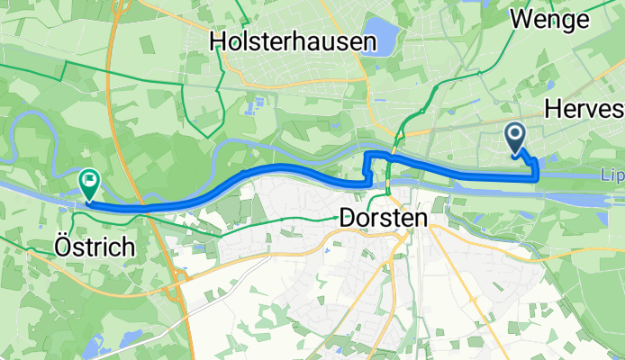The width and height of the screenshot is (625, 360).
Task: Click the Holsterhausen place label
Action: tap(279, 40)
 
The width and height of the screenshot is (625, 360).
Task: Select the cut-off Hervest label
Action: tap(584, 109)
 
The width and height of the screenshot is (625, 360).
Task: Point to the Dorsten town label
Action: tap(382, 217)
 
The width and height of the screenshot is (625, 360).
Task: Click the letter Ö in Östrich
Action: tap(60, 247)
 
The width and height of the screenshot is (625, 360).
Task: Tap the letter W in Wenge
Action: tap(521, 18)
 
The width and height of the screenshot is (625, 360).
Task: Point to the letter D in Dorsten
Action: tap(348, 217)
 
